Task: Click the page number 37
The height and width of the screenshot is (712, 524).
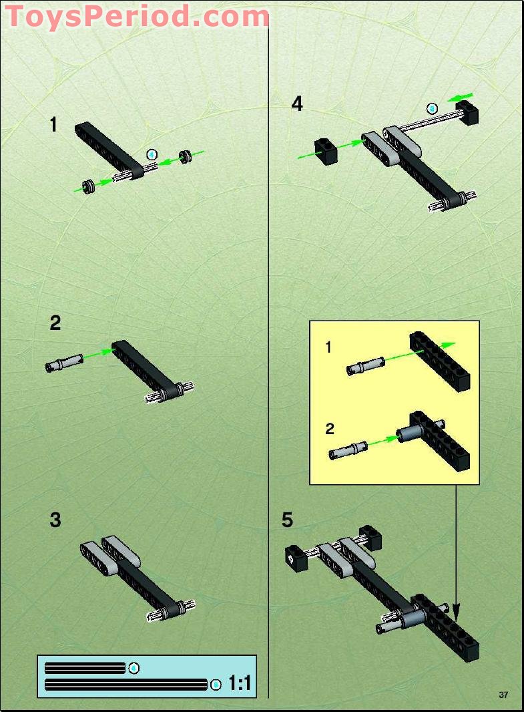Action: click(x=503, y=695)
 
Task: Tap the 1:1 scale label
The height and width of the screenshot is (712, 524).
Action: click(x=240, y=683)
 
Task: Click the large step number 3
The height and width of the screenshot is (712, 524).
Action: click(x=55, y=520)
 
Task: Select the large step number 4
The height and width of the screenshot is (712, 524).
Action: click(x=297, y=104)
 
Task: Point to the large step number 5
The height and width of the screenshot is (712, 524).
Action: click(x=287, y=520)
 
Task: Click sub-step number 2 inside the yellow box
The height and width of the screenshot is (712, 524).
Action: click(x=330, y=429)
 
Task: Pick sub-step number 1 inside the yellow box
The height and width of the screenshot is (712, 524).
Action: click(x=328, y=347)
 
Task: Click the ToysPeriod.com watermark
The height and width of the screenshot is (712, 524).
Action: click(x=137, y=16)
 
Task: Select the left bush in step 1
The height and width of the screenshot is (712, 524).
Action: click(x=87, y=186)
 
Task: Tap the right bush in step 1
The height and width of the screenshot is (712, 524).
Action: click(x=186, y=158)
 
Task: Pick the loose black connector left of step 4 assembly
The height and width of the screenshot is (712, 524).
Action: click(x=326, y=150)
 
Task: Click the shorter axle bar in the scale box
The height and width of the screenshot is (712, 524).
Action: click(x=85, y=668)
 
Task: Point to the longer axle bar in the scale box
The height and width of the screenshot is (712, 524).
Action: click(x=126, y=684)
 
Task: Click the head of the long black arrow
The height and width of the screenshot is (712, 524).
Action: click(x=457, y=611)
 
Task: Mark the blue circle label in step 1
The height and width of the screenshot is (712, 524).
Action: click(x=152, y=154)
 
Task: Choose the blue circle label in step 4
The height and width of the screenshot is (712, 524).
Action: click(x=432, y=108)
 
